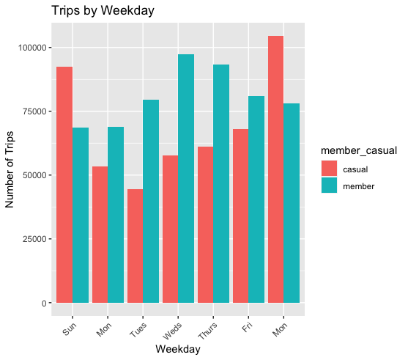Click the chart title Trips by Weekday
pos(102,11)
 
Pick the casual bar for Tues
pos(135,246)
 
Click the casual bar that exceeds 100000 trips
pos(275,169)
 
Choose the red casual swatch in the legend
pos(331,170)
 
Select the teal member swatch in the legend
pos(331,186)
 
